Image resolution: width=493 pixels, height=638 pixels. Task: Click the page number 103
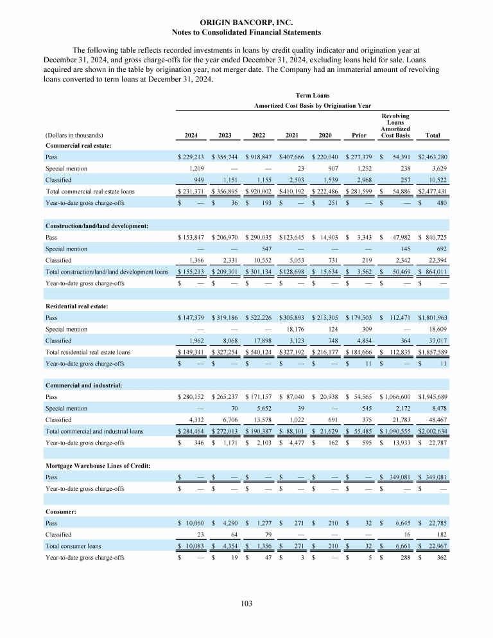[x=246, y=603]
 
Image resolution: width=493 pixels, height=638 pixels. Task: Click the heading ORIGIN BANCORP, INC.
[x=246, y=21]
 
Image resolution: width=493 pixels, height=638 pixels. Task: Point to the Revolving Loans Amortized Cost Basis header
[x=395, y=126]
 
